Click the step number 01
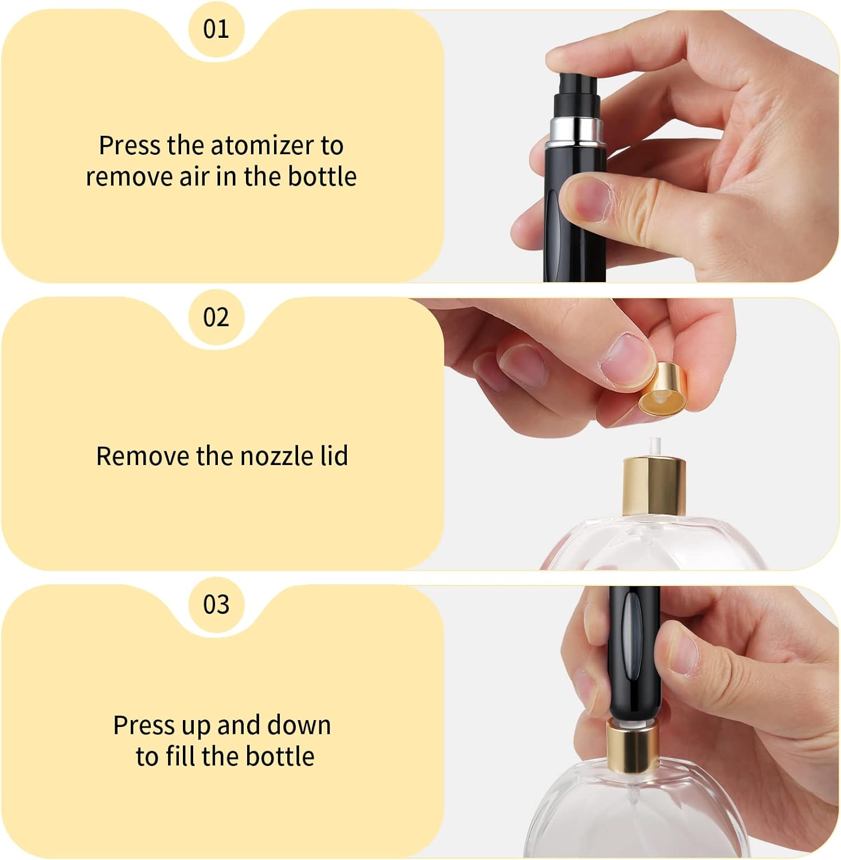pyautogui.click(x=216, y=29)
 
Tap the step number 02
pyautogui.click(x=216, y=317)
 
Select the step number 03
pyautogui.click(x=216, y=604)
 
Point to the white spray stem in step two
pyautogui.click(x=652, y=448)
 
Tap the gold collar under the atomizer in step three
pyautogui.click(x=633, y=746)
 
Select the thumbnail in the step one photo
pyautogui.click(x=586, y=199)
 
